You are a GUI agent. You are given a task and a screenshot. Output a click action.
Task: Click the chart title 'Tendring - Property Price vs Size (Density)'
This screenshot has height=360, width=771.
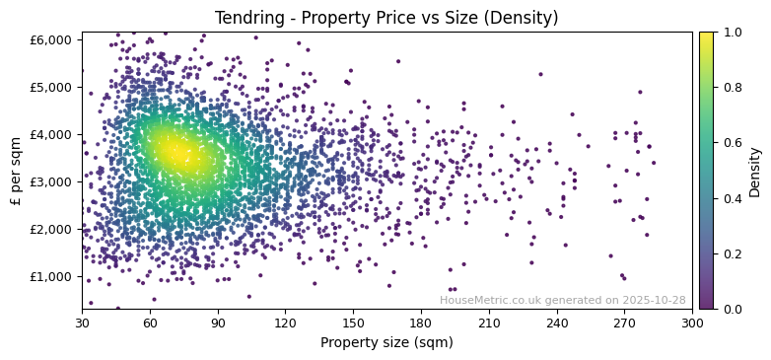[x=386, y=18]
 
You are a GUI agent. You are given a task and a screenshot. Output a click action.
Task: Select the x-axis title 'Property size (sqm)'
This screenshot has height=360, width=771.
[x=386, y=342]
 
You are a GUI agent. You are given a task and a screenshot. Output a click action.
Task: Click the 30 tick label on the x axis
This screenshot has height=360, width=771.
[x=82, y=323]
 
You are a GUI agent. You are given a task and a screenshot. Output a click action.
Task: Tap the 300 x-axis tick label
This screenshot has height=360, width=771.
[x=692, y=323]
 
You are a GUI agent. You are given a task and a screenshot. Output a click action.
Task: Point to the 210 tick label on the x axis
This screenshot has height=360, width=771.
[x=489, y=323]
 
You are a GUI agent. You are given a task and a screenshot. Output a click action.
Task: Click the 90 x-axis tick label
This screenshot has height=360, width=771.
[x=218, y=323]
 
